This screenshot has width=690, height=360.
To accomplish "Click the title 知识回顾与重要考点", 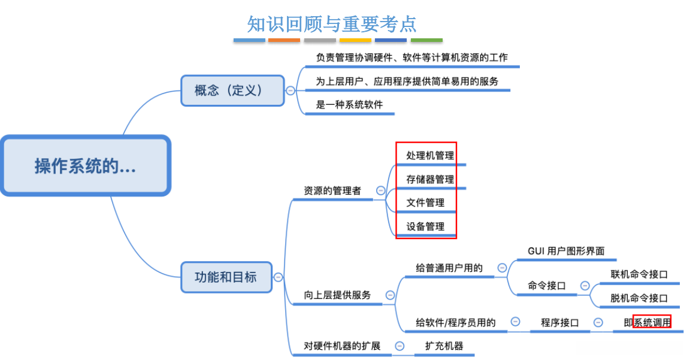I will (332, 24).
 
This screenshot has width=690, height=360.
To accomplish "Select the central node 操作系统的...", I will (85, 166).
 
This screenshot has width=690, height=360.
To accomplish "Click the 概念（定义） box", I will (232, 90).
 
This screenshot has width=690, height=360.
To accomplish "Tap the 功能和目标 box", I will (226, 277).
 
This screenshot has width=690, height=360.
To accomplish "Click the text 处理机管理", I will (429, 156).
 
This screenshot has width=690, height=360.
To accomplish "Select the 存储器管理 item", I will (429, 179).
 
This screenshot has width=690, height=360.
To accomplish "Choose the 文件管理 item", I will (425, 202).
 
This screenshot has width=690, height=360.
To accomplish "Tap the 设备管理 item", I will (425, 226).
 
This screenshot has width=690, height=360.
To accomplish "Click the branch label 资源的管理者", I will (332, 191).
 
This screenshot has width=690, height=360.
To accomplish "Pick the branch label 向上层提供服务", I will (337, 295).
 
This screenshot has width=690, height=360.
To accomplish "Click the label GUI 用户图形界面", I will (565, 251).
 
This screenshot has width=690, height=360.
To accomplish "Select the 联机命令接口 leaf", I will (638, 274).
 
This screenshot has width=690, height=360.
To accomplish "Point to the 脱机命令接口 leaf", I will (638, 298).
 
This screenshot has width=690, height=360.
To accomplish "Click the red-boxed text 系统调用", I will (652, 322).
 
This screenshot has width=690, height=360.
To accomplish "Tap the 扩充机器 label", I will (444, 346).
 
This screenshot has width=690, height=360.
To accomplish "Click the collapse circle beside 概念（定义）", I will (290, 90).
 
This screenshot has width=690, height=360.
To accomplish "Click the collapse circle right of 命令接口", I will (584, 286).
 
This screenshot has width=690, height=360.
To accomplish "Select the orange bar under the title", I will (284, 40).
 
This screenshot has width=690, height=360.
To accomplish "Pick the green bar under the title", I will (426, 40).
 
